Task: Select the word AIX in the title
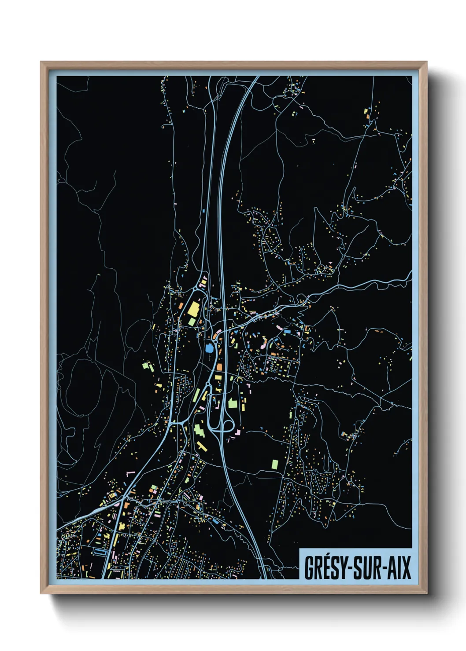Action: (399, 568)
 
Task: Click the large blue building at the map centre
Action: (208, 348)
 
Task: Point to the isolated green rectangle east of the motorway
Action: (275, 464)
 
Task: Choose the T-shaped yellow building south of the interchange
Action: (202, 447)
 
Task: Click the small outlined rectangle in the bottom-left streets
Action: (100, 551)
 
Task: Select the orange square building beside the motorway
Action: (219, 366)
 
